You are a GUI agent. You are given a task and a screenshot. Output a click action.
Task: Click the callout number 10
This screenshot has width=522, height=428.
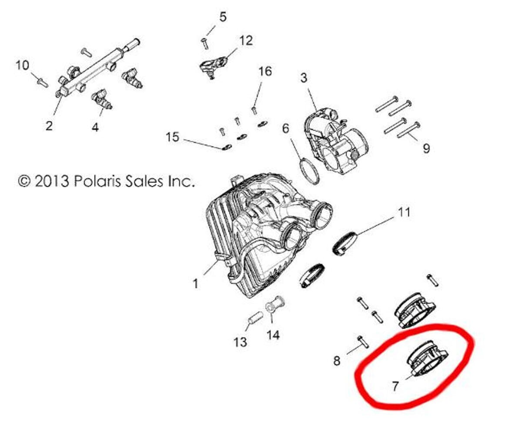[23, 65]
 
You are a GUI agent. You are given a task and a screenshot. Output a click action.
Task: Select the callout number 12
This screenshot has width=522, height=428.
[246, 40]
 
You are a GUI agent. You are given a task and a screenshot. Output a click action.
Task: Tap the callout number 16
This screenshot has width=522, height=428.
[265, 71]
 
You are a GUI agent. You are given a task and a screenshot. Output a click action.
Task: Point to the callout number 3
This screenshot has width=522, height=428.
[304, 78]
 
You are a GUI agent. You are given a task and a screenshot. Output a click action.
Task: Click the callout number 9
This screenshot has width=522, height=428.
[426, 148]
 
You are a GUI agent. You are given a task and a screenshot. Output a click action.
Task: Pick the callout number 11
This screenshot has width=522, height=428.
[404, 212]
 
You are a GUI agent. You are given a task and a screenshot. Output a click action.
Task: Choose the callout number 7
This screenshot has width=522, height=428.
[395, 386]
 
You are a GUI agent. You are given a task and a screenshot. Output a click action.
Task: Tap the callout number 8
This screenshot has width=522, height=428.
[337, 361]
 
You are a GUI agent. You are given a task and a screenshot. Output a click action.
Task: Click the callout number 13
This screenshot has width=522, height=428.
[240, 342]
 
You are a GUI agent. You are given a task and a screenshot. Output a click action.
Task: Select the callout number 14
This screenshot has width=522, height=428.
[273, 335]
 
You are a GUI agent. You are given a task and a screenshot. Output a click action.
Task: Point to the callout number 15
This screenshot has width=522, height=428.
[173, 137]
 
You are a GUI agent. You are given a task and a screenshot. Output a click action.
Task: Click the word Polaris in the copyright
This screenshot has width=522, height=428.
[97, 181]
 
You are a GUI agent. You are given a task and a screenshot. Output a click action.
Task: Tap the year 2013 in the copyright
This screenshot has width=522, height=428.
[52, 181]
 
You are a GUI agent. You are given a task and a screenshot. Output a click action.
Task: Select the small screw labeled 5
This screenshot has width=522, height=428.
[205, 44]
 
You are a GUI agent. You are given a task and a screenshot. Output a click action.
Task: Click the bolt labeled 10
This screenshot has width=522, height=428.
[43, 83]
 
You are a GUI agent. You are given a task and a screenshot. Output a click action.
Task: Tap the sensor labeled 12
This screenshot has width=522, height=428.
[213, 67]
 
